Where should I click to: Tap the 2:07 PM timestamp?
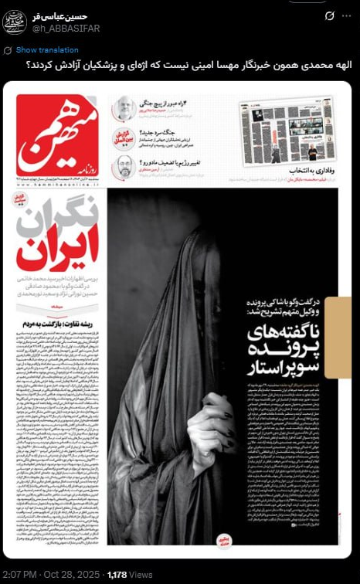pos(17,574)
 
